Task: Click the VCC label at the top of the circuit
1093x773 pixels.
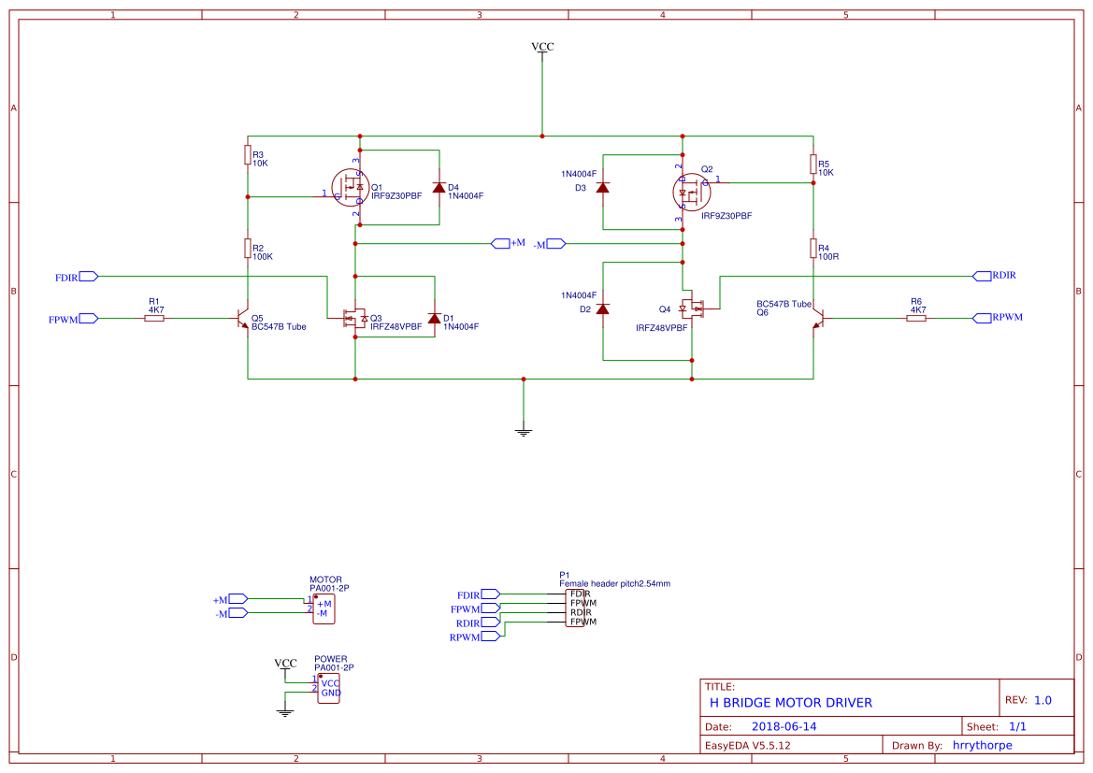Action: [542, 47]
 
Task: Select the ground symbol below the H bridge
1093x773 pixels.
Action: [524, 431]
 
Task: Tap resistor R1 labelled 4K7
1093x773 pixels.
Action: [154, 319]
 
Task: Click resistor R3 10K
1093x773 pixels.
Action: [248, 154]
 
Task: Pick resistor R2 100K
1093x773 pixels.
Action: [248, 248]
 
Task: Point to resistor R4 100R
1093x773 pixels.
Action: [813, 248]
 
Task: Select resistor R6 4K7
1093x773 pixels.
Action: [916, 319]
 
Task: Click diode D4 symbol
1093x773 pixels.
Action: [438, 187]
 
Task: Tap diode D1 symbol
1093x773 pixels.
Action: [434, 318]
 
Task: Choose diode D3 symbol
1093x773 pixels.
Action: [602, 187]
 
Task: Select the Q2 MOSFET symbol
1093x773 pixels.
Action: [690, 193]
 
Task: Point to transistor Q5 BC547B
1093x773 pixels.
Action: [243, 319]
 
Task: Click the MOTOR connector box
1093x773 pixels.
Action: [323, 608]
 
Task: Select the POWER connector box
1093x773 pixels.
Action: [329, 689]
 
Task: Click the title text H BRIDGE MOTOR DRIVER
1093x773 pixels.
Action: [790, 702]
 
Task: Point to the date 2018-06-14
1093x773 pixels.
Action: [784, 726]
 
